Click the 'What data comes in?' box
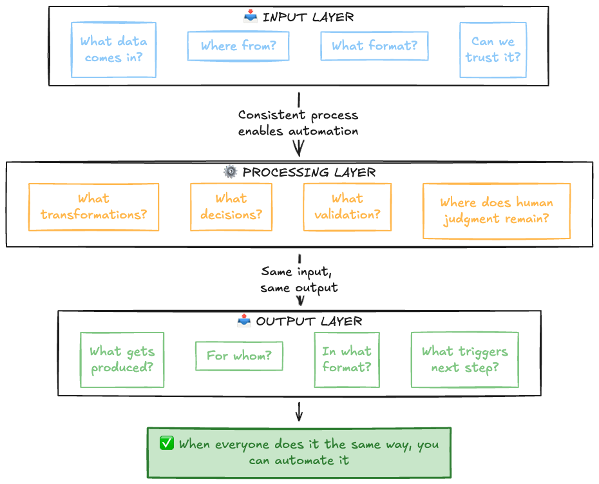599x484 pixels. [x=113, y=50]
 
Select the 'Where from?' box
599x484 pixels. [x=238, y=46]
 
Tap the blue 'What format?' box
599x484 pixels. [x=374, y=46]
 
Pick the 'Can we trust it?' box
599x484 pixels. [x=493, y=50]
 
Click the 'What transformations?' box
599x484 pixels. [x=93, y=207]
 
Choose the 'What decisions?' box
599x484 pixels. [x=231, y=207]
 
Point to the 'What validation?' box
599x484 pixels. [x=347, y=207]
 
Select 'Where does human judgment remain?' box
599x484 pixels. [x=497, y=211]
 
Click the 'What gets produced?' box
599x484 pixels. [x=122, y=360]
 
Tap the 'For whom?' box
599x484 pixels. [x=239, y=356]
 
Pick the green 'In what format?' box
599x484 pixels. [x=347, y=360]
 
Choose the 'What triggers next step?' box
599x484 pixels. [x=465, y=360]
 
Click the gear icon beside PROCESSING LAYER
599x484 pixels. [x=231, y=171]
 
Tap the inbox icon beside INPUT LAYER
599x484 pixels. [x=251, y=17]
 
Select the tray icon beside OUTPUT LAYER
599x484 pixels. [x=244, y=321]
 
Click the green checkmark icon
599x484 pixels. [x=167, y=443]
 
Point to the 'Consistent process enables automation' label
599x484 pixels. [x=298, y=122]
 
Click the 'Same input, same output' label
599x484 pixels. [x=299, y=280]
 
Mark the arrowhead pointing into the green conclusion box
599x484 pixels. [x=299, y=418]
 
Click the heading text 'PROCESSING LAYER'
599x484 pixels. [x=309, y=172]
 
